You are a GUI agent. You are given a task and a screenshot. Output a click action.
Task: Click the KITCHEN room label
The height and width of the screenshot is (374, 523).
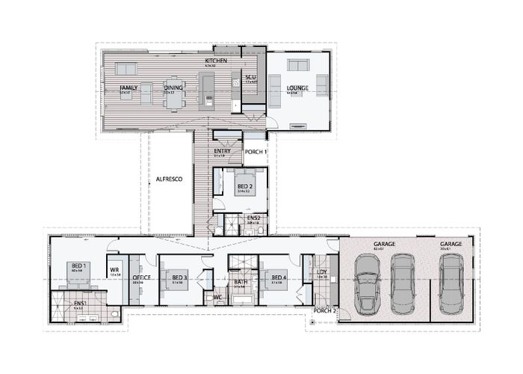[216, 60]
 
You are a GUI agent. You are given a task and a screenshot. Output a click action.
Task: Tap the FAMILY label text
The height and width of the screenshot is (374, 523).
[129, 88]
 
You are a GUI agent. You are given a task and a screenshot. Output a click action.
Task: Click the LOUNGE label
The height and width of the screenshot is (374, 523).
[297, 88]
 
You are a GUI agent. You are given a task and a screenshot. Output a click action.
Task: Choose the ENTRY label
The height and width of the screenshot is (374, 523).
[222, 151]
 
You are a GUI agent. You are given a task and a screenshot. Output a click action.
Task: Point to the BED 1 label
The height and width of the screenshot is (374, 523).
[78, 266]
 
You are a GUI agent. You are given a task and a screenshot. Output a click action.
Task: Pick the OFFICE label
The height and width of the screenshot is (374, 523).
[142, 277]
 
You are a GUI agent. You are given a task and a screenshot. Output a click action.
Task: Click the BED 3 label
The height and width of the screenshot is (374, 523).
[179, 277]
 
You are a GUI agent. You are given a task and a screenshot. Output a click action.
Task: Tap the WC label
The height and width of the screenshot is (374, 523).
[217, 296]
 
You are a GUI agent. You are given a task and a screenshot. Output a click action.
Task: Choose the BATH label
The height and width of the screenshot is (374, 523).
[240, 280]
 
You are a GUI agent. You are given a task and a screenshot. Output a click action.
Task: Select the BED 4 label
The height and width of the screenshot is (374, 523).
[279, 277]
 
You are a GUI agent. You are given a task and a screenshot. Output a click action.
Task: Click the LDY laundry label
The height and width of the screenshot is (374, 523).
[322, 272]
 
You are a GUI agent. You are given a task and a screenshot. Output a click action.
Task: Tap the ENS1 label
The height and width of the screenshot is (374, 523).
[79, 303]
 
